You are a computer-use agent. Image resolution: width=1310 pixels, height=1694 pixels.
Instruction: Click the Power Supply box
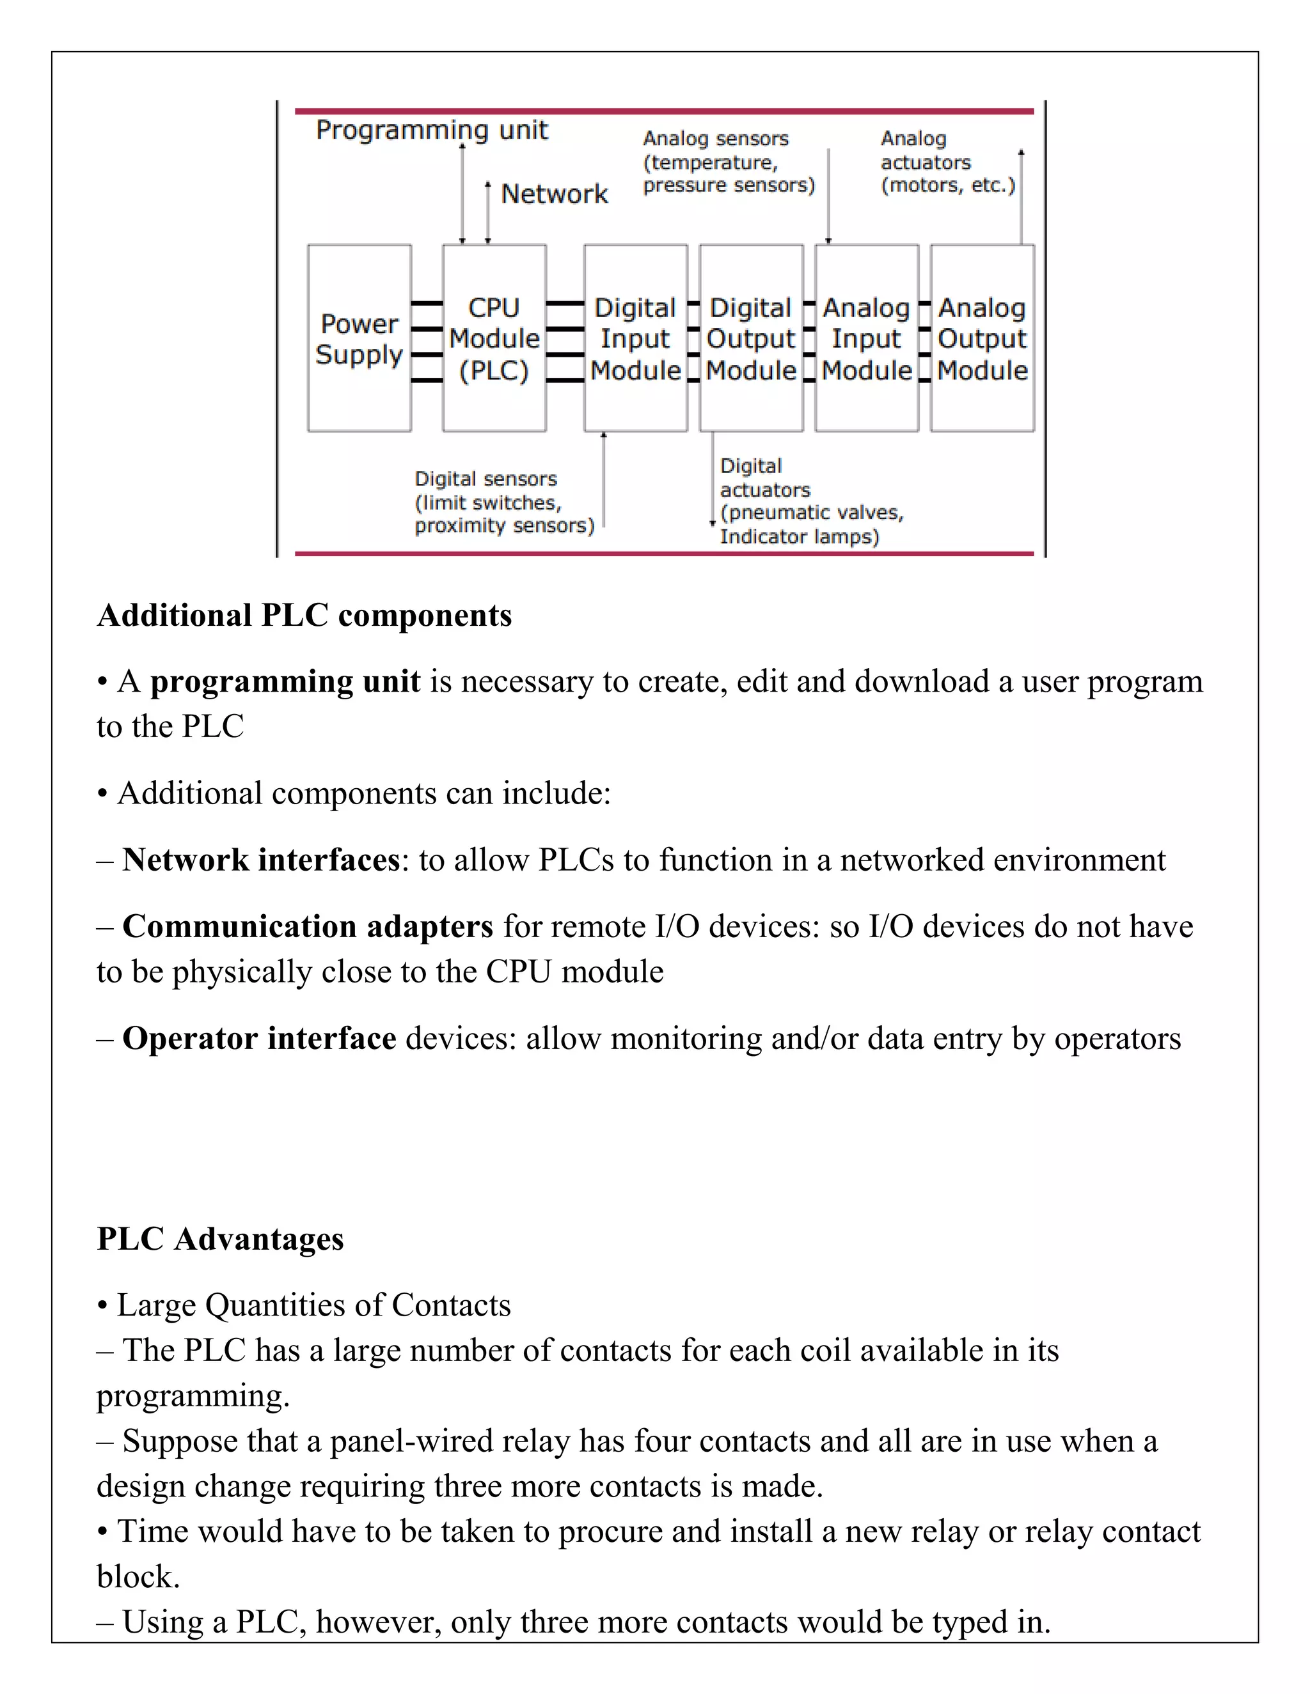click(x=359, y=339)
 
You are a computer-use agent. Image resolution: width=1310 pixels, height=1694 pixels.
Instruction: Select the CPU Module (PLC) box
click(x=494, y=339)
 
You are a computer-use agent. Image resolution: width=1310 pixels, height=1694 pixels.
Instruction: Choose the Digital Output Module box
click(x=751, y=339)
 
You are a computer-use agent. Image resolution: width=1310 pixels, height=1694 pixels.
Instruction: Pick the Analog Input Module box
click(x=867, y=339)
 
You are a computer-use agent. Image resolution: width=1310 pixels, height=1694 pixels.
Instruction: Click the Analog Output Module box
click(x=982, y=339)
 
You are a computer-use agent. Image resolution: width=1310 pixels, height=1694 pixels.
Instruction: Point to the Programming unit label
click(x=432, y=130)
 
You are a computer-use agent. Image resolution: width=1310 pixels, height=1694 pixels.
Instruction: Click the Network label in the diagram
click(x=554, y=194)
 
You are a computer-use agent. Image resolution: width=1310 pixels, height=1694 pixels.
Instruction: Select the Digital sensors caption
click(x=503, y=502)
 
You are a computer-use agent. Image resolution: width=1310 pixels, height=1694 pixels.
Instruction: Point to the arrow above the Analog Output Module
click(x=1020, y=197)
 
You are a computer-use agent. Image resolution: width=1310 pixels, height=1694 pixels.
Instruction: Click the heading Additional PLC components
click(x=304, y=615)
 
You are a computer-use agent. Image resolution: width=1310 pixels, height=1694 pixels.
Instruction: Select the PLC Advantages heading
click(x=221, y=1239)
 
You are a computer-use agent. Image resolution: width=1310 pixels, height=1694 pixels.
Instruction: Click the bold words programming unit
click(x=285, y=681)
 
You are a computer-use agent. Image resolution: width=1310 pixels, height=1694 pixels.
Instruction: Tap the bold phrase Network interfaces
click(x=261, y=859)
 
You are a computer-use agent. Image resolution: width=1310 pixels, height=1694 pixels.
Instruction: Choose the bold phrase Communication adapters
click(x=307, y=926)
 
